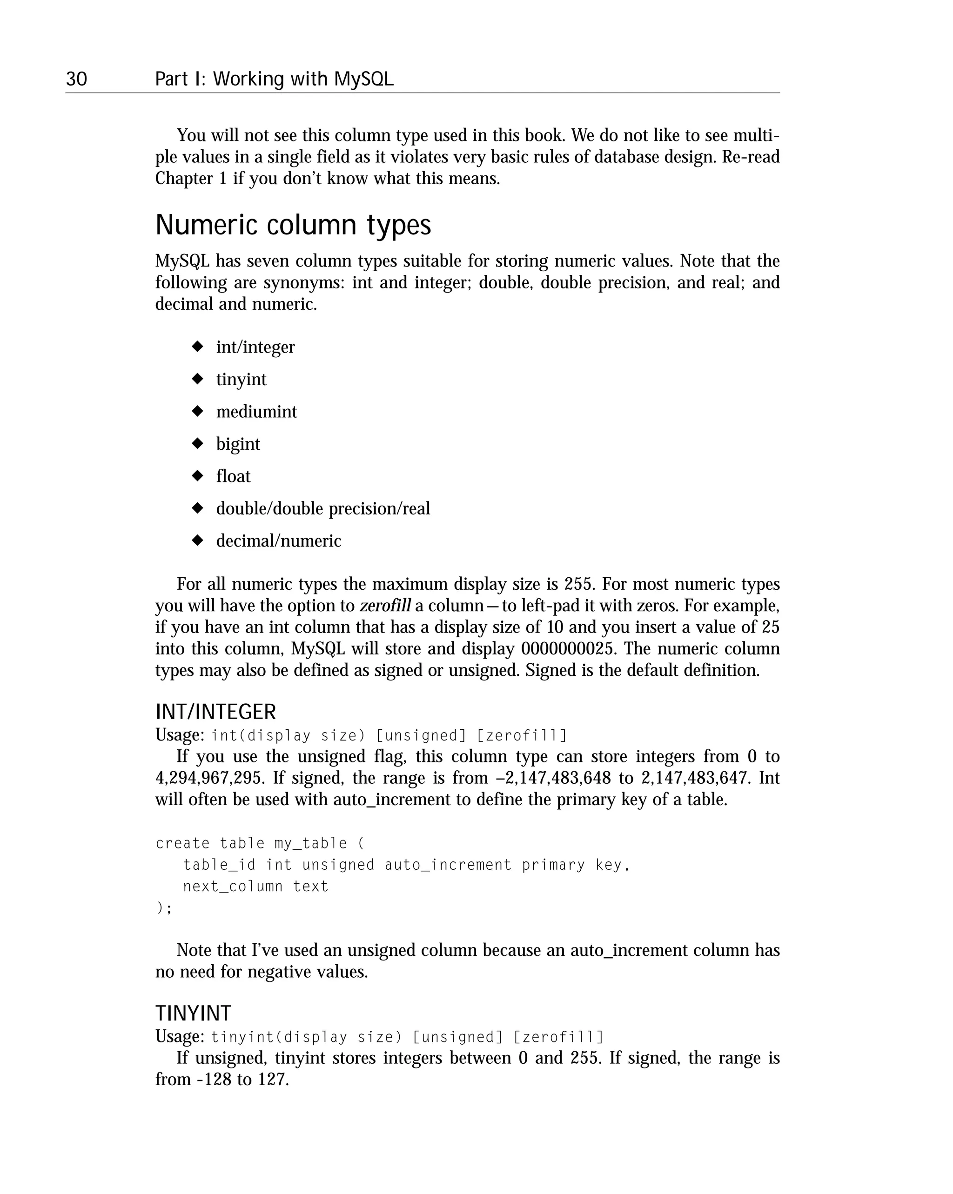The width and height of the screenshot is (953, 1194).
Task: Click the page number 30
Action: (x=76, y=79)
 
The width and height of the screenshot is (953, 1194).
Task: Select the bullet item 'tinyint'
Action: (x=241, y=380)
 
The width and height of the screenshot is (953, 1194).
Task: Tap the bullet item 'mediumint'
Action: (x=256, y=412)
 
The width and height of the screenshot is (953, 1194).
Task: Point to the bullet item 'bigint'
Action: (x=238, y=444)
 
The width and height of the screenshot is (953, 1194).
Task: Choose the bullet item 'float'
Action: (x=233, y=476)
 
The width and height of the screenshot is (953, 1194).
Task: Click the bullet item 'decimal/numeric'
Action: (x=279, y=540)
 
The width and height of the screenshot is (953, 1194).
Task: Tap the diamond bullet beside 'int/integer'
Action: (x=197, y=347)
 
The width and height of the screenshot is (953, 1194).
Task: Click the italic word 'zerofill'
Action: (x=385, y=605)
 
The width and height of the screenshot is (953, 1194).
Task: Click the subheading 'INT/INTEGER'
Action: (x=215, y=712)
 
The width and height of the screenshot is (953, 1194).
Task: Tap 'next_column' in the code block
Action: (x=233, y=887)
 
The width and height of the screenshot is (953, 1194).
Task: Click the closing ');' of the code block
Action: (x=164, y=908)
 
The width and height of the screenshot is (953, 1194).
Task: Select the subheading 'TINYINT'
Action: (x=193, y=1014)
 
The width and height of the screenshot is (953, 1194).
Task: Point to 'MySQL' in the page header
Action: (x=363, y=79)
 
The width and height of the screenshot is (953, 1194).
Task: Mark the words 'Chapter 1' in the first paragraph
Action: (x=191, y=179)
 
